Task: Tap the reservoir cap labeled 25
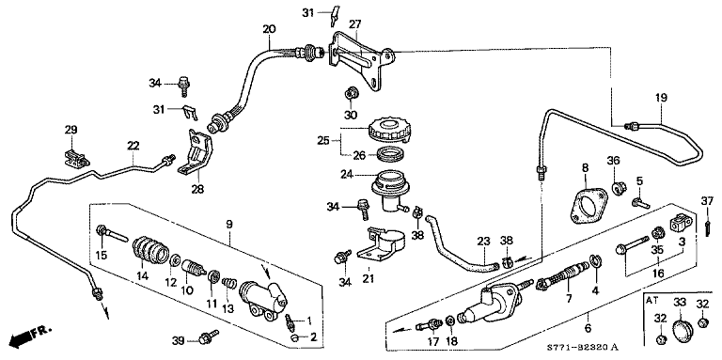click(x=385, y=129)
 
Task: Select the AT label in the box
click(x=651, y=300)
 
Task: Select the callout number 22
click(x=133, y=146)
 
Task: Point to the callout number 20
click(x=268, y=30)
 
